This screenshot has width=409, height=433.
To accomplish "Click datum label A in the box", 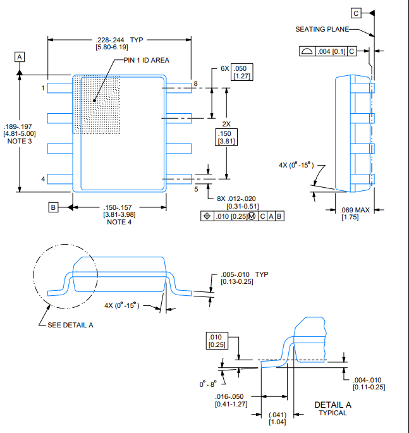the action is [x=20, y=57].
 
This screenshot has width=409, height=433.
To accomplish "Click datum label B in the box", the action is [x=53, y=207].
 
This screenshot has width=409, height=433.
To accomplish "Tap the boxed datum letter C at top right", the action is [x=356, y=13].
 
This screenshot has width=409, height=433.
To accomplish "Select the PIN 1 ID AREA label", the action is [x=146, y=60].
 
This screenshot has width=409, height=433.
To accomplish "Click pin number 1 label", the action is [x=43, y=88].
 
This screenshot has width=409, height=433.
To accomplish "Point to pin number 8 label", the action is [x=195, y=83].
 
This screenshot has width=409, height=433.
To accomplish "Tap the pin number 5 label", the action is [x=196, y=189].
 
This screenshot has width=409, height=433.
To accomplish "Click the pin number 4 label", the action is [x=43, y=179].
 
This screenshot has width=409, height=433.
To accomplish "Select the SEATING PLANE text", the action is [x=322, y=29].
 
